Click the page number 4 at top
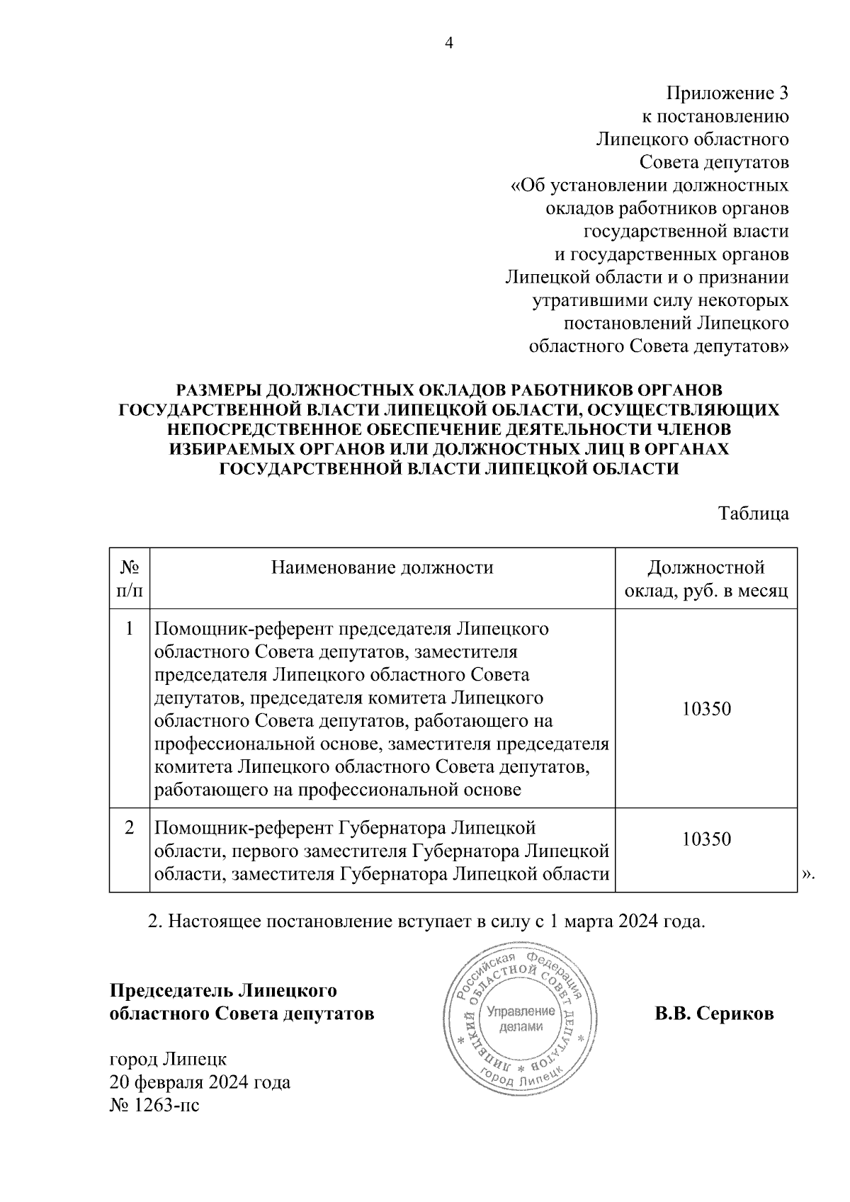448,44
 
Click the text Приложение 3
727,93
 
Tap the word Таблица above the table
754,514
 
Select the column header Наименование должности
382,567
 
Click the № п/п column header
129,579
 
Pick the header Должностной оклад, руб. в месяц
706,579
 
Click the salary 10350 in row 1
706,708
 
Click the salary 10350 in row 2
706,839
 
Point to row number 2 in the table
129,827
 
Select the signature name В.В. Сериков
714,1014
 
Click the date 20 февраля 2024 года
200,1082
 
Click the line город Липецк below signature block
168,1060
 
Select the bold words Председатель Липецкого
223,990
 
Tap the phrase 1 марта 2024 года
628,922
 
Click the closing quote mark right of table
808,875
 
